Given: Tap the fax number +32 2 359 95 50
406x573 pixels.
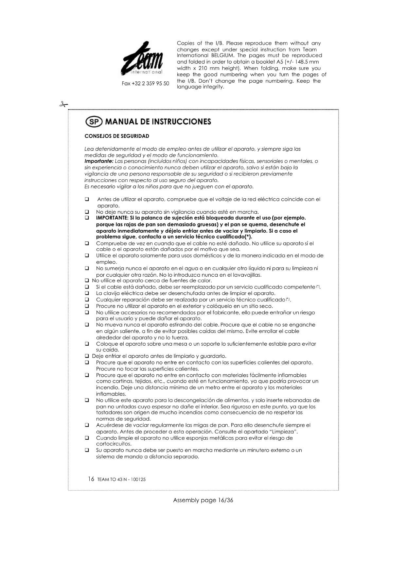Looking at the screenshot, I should coord(145,84).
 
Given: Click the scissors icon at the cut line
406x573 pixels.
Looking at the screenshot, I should coord(63,105).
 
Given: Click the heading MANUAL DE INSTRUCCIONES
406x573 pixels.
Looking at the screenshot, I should coord(158,122).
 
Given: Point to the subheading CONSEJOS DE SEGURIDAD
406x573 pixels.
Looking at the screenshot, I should coord(117,136).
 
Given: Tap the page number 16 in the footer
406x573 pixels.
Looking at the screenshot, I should coord(91,479).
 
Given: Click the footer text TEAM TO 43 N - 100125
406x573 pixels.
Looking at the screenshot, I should coord(121,480).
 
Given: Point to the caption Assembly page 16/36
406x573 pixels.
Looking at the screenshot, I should coord(203,500).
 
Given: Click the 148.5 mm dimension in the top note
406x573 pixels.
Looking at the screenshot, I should coord(306,62).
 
